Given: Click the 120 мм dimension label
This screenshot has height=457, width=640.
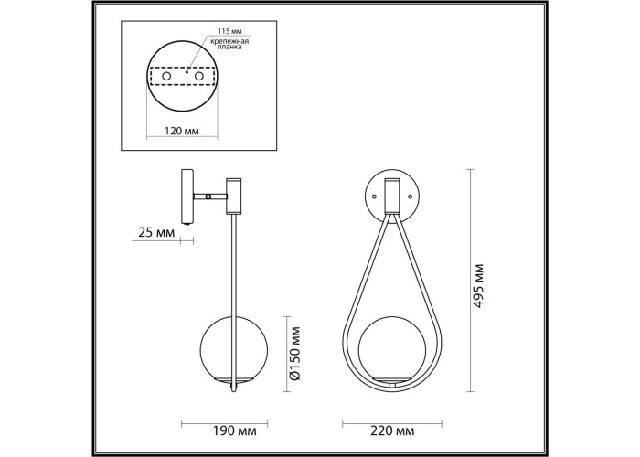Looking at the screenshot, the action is tap(181, 131).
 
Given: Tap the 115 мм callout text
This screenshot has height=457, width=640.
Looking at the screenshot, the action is tap(229, 31).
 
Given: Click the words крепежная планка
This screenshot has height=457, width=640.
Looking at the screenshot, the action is tap(230, 44).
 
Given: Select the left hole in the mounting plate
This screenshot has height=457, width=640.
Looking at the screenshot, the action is tap(166, 76).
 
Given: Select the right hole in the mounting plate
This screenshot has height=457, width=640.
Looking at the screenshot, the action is tap(199, 76).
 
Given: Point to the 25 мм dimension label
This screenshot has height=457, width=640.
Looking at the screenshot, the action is tap(156, 233).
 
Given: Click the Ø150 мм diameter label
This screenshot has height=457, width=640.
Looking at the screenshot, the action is tap(295, 354).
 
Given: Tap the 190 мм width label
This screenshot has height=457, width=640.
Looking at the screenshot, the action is tap(235, 430).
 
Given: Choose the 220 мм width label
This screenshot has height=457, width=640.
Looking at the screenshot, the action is tap(392, 430).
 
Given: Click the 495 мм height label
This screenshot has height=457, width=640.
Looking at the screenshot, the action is tap(478, 285).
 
